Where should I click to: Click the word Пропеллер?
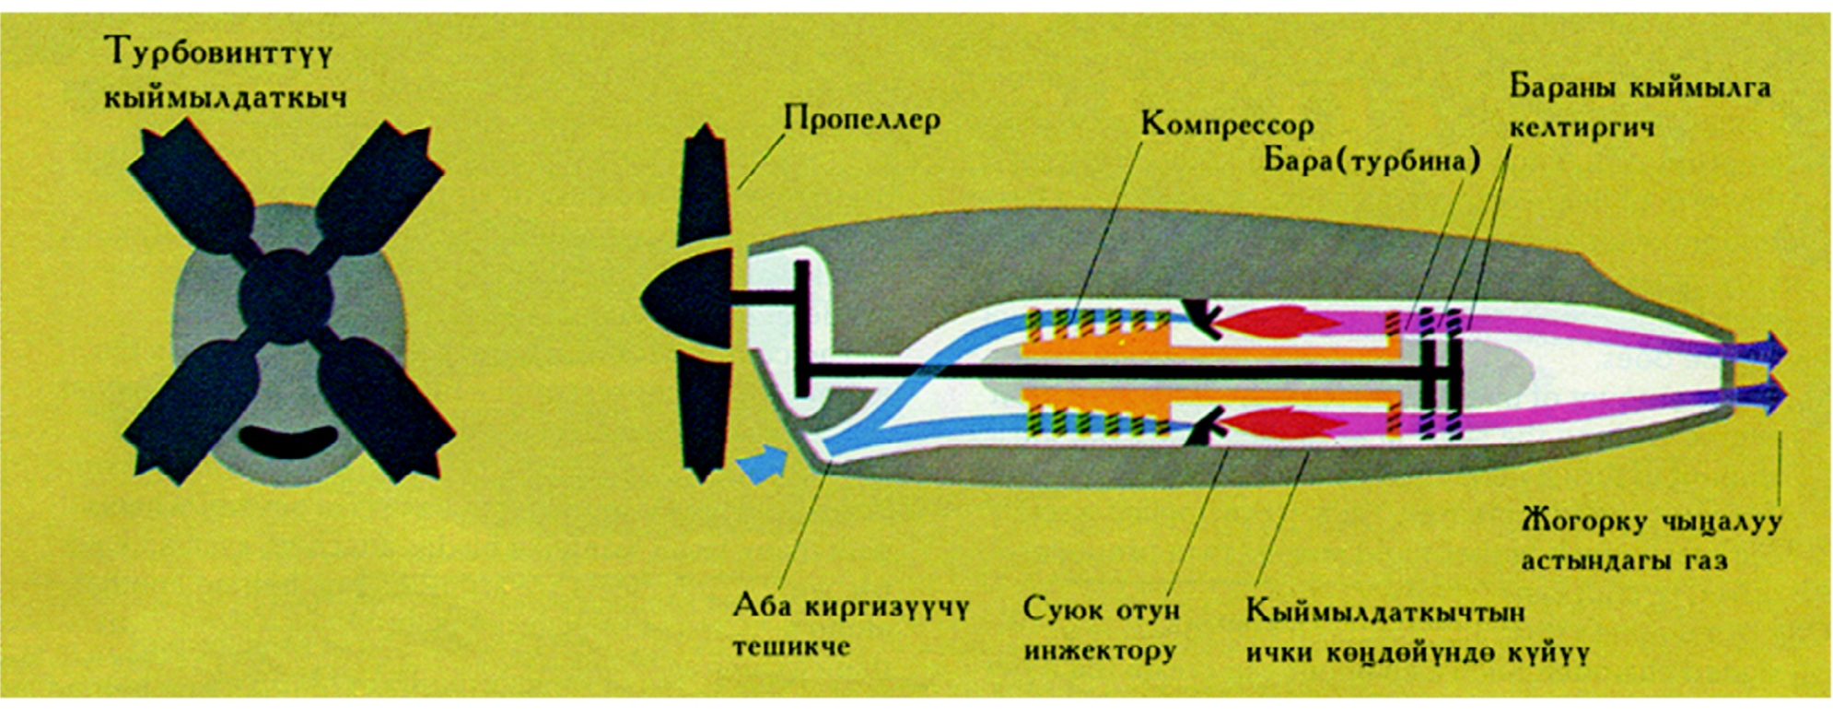click(x=861, y=119)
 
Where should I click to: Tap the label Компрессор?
click(x=1227, y=125)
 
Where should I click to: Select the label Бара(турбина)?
click(x=1371, y=161)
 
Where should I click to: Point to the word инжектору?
click(x=1100, y=652)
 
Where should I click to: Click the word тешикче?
click(x=790, y=646)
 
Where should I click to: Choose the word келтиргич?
click(x=1582, y=127)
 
